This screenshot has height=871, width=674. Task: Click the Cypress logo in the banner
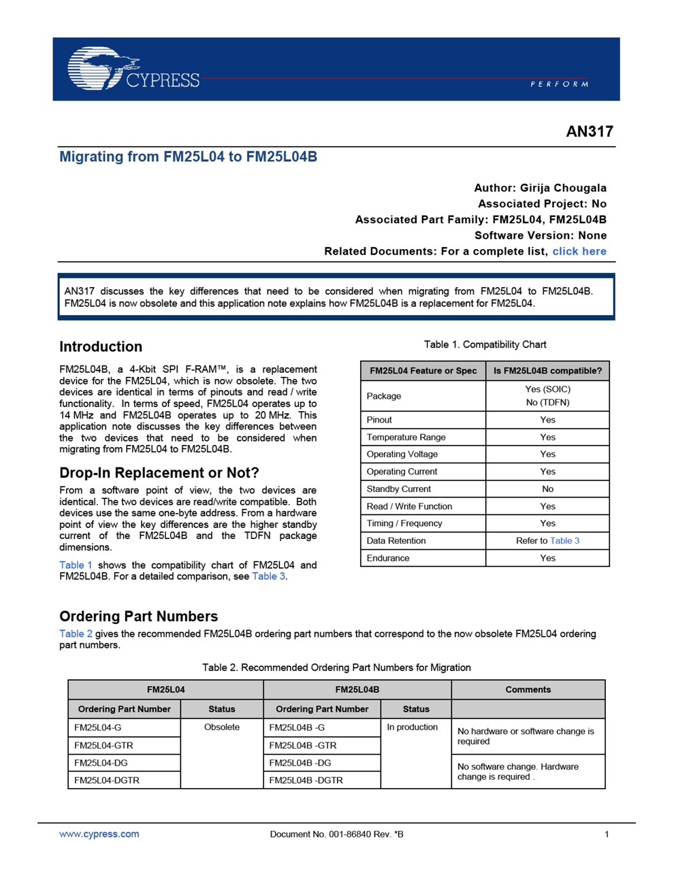(133, 69)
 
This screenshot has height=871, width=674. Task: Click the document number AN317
(590, 132)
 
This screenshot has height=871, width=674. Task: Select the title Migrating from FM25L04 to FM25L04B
(188, 157)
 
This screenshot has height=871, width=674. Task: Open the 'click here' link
(579, 251)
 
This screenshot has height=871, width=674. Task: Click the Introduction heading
(101, 346)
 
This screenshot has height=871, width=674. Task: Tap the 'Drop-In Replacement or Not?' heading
(159, 473)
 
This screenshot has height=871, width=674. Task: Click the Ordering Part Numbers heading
(138, 617)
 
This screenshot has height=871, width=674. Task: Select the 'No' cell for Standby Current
(547, 489)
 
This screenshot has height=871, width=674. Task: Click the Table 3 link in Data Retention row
(564, 540)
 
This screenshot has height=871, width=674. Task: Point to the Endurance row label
(388, 558)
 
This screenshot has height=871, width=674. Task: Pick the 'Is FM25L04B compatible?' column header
(547, 371)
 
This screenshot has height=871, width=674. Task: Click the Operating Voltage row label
(402, 454)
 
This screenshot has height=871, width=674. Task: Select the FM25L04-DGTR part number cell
(107, 780)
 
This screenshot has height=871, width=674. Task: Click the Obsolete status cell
(222, 727)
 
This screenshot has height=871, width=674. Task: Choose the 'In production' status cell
(412, 727)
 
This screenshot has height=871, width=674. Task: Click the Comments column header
(528, 689)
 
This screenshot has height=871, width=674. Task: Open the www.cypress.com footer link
(99, 834)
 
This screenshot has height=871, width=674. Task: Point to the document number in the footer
(336, 834)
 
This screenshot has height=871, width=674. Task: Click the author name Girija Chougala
(563, 188)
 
